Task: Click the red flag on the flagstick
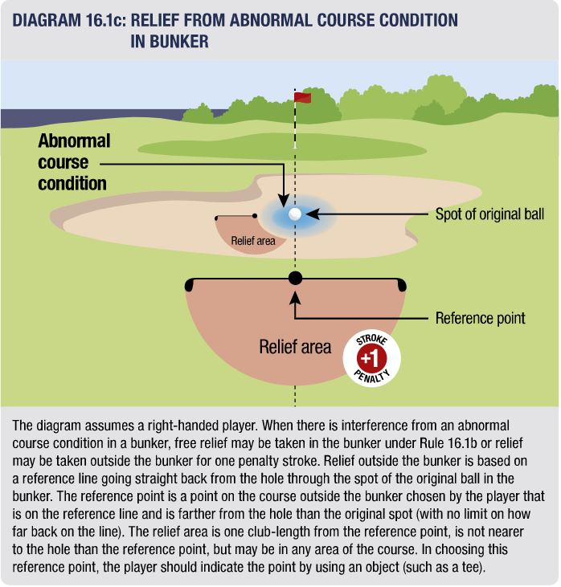(x=302, y=98)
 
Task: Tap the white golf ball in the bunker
(x=295, y=214)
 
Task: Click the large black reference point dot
(x=295, y=278)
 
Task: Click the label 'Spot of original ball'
(x=489, y=214)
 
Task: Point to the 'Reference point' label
(x=480, y=318)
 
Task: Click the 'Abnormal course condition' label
(x=74, y=162)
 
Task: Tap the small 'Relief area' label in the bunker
(x=253, y=241)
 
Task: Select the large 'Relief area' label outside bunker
(x=295, y=347)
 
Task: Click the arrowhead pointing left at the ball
(x=312, y=214)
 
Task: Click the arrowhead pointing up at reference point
(x=295, y=299)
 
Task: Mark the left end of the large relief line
(x=189, y=285)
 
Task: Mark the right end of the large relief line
(x=402, y=285)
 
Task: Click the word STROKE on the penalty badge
(x=372, y=339)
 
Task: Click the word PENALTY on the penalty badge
(x=372, y=377)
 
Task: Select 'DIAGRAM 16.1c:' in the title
(x=69, y=20)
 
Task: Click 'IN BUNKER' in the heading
(x=170, y=42)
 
